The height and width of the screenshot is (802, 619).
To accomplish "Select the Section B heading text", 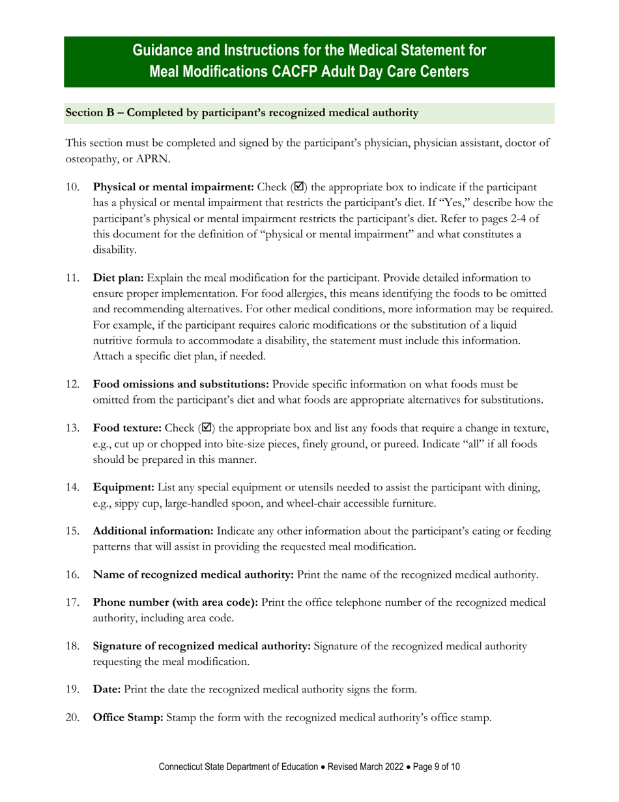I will (x=242, y=113).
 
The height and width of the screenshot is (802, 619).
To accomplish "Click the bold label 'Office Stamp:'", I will (x=128, y=717).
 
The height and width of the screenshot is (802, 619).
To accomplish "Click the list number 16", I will (x=72, y=574).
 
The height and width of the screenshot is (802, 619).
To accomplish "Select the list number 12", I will (x=72, y=385).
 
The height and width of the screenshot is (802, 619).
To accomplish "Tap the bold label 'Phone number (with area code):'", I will (x=176, y=602).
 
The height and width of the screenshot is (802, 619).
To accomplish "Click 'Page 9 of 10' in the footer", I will (x=437, y=767).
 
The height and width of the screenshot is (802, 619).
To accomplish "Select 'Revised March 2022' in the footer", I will (x=368, y=767).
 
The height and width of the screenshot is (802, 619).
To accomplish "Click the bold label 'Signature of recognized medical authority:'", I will (x=202, y=646).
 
